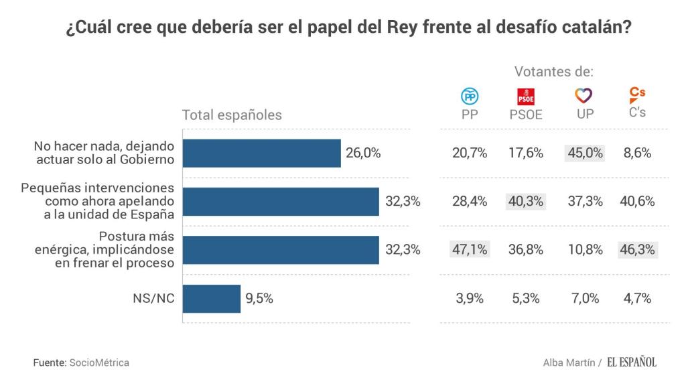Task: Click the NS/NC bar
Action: click(x=212, y=299)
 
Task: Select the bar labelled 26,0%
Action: click(x=262, y=153)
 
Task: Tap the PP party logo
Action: click(x=470, y=96)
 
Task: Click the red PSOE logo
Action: click(x=525, y=96)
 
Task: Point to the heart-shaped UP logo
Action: click(x=584, y=96)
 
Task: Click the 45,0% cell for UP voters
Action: click(x=585, y=153)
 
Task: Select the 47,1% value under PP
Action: click(x=469, y=250)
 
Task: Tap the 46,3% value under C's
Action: click(x=637, y=250)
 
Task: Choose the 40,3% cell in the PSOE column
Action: click(x=526, y=201)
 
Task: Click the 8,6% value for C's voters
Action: click(x=637, y=153)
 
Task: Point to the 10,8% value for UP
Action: click(x=585, y=250)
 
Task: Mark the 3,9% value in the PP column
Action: click(x=469, y=299)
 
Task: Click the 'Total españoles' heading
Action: click(x=232, y=115)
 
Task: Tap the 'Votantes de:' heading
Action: click(x=554, y=72)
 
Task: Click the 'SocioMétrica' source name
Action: click(x=99, y=363)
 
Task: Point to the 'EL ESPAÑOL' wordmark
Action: click(x=632, y=363)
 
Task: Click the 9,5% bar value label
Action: click(x=259, y=299)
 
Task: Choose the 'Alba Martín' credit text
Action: click(x=569, y=363)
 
